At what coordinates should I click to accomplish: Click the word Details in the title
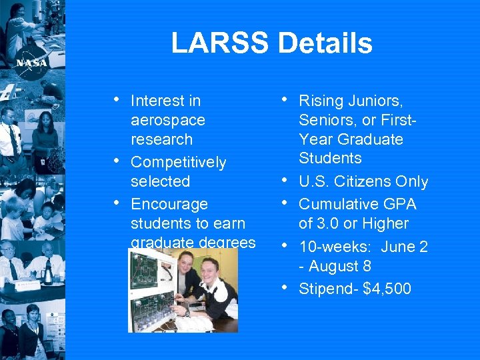coord(325,43)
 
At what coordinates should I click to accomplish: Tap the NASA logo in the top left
coord(31,62)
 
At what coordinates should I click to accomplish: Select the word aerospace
coord(168,121)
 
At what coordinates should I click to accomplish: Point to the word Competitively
coord(178,163)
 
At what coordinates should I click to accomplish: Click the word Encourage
coord(169,204)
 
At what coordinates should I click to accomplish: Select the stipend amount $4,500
coord(387,289)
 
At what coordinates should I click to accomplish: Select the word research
coord(161,139)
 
